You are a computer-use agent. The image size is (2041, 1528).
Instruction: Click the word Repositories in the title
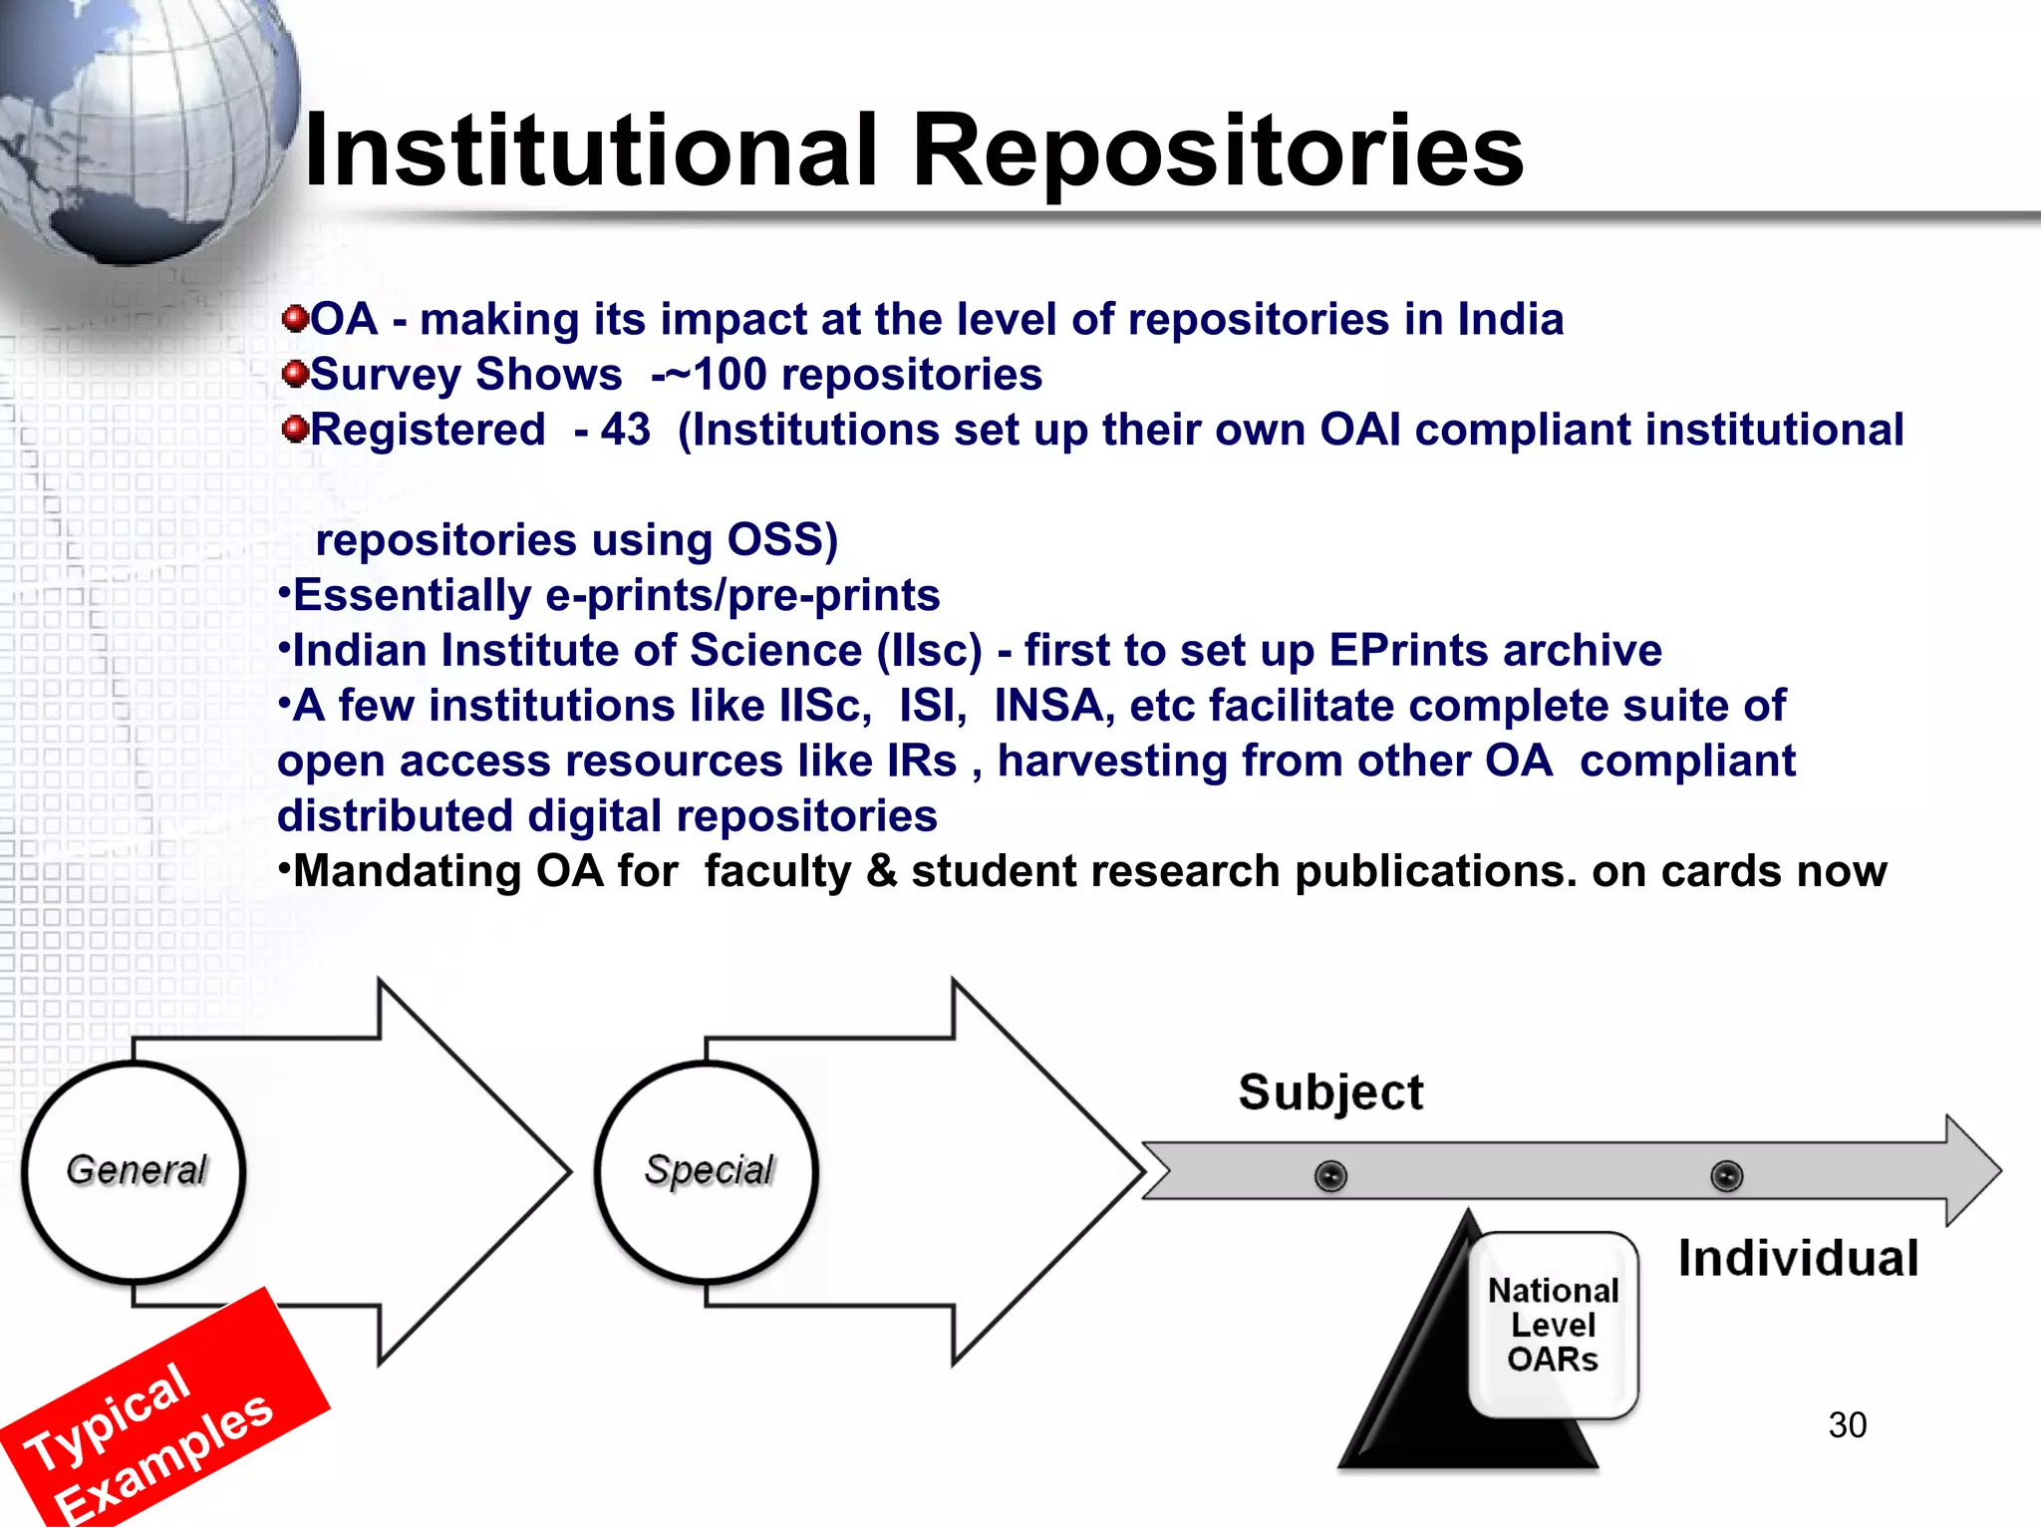click(x=1217, y=152)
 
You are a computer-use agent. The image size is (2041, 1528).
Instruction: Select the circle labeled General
click(x=134, y=1171)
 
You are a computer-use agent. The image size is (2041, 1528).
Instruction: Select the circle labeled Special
click(x=708, y=1171)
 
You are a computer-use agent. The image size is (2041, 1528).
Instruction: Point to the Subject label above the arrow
click(x=1330, y=1092)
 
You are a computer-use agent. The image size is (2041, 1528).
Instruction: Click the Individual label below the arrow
click(x=1798, y=1259)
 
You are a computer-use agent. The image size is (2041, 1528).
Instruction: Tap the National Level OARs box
click(x=1553, y=1326)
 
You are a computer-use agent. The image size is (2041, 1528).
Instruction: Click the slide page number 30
click(x=1847, y=1425)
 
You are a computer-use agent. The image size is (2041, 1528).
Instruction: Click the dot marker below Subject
click(x=1330, y=1176)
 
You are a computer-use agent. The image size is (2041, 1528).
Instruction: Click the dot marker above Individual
click(x=1727, y=1176)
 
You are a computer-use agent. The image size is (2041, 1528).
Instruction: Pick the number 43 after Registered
click(x=625, y=431)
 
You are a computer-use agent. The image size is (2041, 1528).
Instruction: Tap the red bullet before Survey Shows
click(x=294, y=374)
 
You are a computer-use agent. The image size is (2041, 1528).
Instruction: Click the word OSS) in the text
click(x=782, y=540)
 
